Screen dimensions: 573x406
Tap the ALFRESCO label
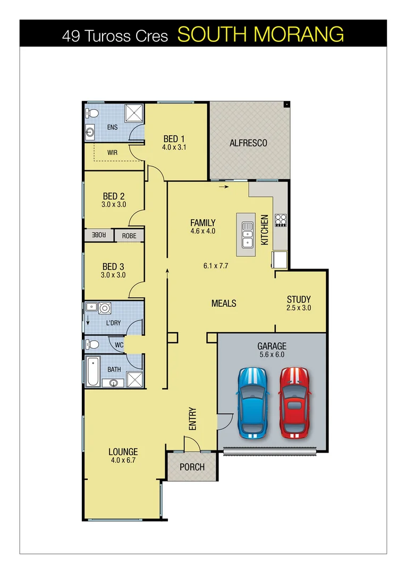click(x=248, y=143)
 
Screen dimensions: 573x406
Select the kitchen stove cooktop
click(x=281, y=220)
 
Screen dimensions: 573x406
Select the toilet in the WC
click(x=92, y=344)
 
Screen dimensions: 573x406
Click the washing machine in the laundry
click(x=105, y=308)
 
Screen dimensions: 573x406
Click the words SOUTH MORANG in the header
click(x=260, y=35)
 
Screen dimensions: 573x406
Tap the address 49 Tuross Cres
click(x=115, y=36)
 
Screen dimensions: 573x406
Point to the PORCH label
click(x=192, y=467)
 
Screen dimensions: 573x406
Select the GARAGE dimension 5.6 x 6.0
click(x=272, y=355)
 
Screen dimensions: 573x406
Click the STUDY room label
click(x=299, y=299)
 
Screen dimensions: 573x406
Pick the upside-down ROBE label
click(x=99, y=235)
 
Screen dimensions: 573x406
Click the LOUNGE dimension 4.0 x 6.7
click(x=123, y=461)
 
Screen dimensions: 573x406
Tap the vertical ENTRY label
click(x=192, y=418)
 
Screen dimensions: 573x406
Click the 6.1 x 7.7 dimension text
click(x=216, y=266)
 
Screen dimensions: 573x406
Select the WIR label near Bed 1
click(x=112, y=152)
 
